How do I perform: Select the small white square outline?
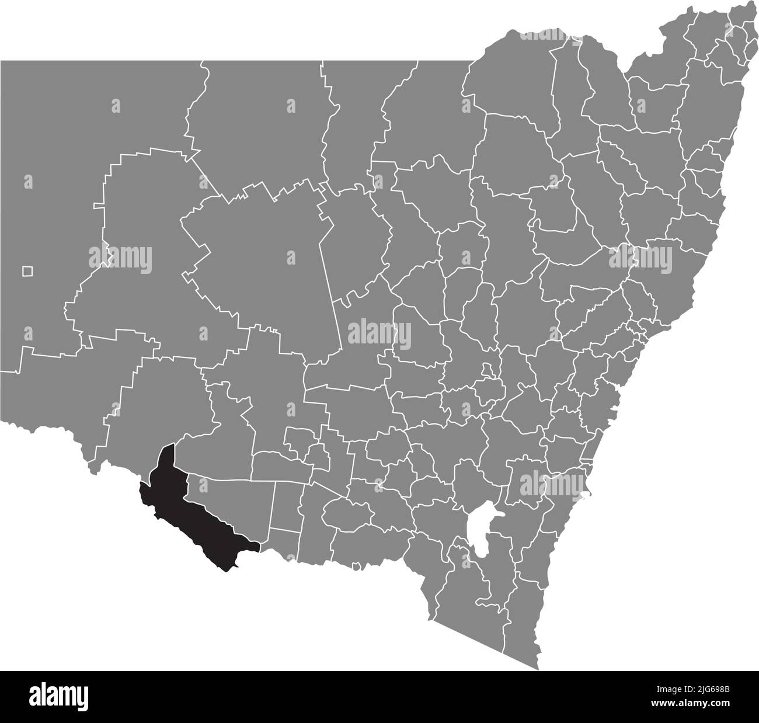tap(27, 271)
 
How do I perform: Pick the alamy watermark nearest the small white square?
tap(120, 257)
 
